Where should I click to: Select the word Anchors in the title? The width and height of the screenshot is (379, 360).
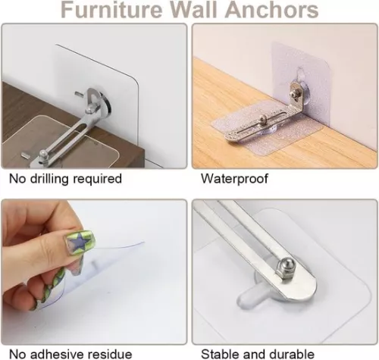[275, 11]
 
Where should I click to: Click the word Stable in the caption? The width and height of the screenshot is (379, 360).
[219, 353]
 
